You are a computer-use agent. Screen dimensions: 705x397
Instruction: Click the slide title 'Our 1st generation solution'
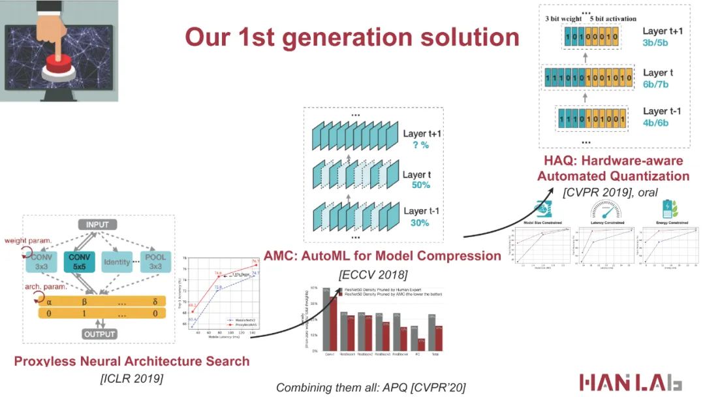[x=352, y=37]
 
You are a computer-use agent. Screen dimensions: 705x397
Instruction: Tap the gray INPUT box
[x=97, y=225]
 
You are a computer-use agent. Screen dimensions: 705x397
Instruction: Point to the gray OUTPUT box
[x=99, y=334]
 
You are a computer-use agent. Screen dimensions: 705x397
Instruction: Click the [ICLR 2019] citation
[x=131, y=378]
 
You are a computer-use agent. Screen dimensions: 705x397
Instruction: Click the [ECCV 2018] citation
[x=373, y=274]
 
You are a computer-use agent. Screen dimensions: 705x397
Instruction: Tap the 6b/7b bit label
[x=655, y=84]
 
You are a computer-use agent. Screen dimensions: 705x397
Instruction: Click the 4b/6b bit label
[x=655, y=123]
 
